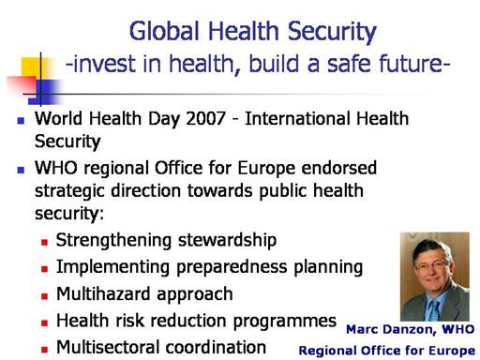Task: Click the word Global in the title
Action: (164, 31)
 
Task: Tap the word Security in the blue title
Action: (332, 33)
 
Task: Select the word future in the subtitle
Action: (414, 63)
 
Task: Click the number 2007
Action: (205, 118)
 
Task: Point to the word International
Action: (298, 118)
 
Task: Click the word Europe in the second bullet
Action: (266, 169)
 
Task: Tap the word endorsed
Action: (339, 168)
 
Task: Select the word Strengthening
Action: (113, 241)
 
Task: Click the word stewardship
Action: (227, 241)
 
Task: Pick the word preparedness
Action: (232, 268)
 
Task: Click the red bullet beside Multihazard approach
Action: (44, 296)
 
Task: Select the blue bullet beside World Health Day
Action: (21, 121)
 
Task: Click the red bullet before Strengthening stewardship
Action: (44, 242)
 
